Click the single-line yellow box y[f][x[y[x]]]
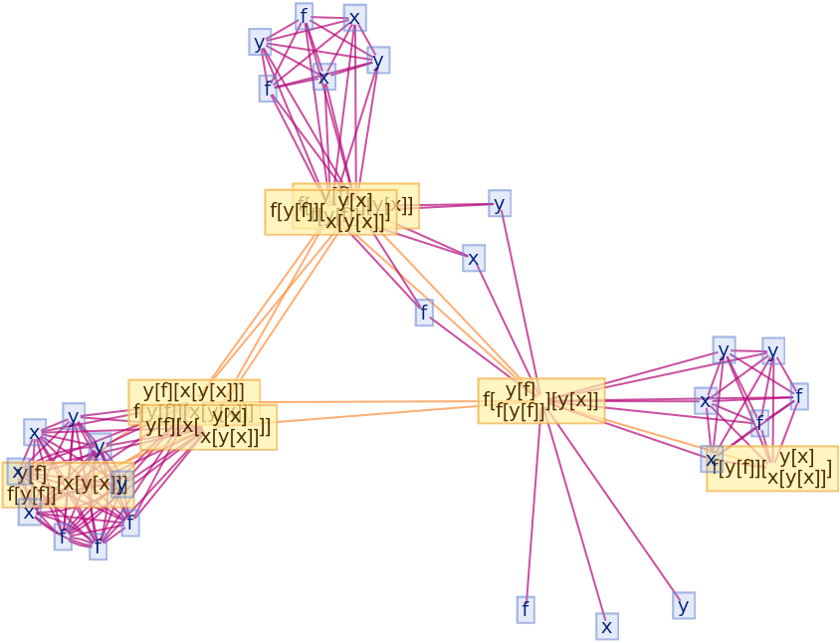pos(194,391)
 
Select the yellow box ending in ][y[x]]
pos(541,401)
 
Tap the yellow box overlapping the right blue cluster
pos(772,468)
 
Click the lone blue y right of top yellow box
pos(500,204)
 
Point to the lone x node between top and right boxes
pos(474,259)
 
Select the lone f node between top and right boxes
pos(424,313)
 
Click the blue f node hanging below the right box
pos(525,609)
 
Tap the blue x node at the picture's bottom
pos(607,626)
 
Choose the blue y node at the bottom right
pos(683,605)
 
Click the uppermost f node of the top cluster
pos(305,16)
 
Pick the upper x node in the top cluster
pos(354,18)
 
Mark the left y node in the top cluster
pos(260,42)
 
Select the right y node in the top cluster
pos(378,60)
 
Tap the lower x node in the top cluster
pos(323,77)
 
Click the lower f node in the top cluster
pos(268,89)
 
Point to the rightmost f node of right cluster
pos(798,396)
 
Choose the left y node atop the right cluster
pos(724,350)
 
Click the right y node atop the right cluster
pos(772,350)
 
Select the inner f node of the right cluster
pos(759,423)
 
